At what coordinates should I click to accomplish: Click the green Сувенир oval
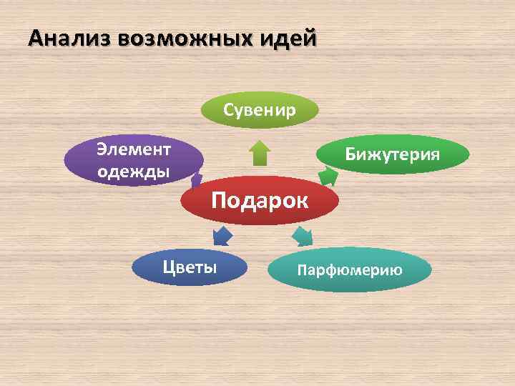(260, 110)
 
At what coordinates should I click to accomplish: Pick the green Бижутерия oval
(393, 154)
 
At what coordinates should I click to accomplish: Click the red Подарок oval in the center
(260, 201)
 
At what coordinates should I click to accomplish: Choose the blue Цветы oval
(190, 267)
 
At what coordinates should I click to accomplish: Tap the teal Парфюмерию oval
(350, 269)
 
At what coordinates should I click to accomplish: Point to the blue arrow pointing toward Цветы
(222, 235)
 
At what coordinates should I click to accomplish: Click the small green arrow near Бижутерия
(327, 174)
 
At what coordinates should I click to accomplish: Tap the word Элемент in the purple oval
(134, 149)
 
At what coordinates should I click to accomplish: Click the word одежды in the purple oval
(133, 172)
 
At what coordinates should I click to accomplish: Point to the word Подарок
(260, 200)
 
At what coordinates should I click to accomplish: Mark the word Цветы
(190, 267)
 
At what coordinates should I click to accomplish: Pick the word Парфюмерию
(350, 269)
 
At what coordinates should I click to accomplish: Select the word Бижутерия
(393, 154)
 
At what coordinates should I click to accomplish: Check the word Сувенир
(260, 110)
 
